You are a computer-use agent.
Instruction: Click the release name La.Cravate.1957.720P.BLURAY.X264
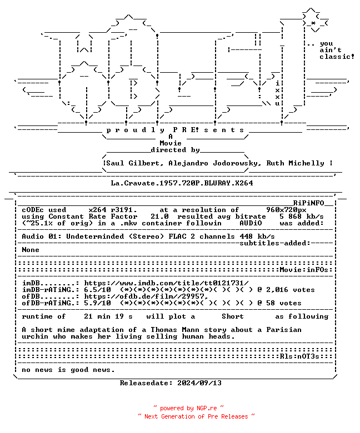pos(182,183)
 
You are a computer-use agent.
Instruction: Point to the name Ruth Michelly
pos(295,163)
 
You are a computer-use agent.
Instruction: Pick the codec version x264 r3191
pos(113,210)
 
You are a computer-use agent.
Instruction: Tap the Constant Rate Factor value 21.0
pos(159,216)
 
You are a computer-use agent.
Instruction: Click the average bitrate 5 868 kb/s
pos(302,216)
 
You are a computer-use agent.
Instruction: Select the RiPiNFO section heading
pos(308,203)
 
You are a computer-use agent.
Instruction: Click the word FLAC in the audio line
pos(177,236)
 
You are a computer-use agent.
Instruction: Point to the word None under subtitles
pos(31,250)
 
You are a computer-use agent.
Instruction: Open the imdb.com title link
pos(166,283)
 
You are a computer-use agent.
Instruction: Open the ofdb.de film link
pos(146,296)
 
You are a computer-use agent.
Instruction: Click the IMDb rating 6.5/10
pos(97,290)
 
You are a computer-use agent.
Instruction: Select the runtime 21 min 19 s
pos(108,316)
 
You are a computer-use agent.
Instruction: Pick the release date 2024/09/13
pos(199,383)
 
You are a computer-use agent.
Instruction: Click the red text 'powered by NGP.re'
pos(188,408)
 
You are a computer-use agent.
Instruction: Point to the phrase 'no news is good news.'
pos(68,370)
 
